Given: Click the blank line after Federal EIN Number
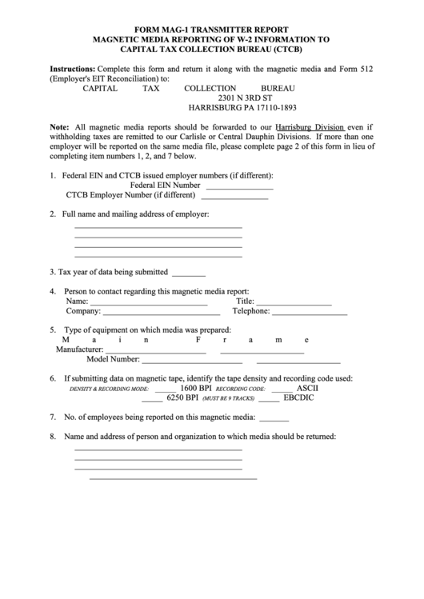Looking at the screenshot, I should (240, 187).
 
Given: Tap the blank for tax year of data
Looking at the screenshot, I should (189, 274).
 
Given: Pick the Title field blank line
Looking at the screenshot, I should (294, 304).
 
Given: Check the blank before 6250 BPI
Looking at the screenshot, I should (152, 400).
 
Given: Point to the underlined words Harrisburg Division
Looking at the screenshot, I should (310, 127).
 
